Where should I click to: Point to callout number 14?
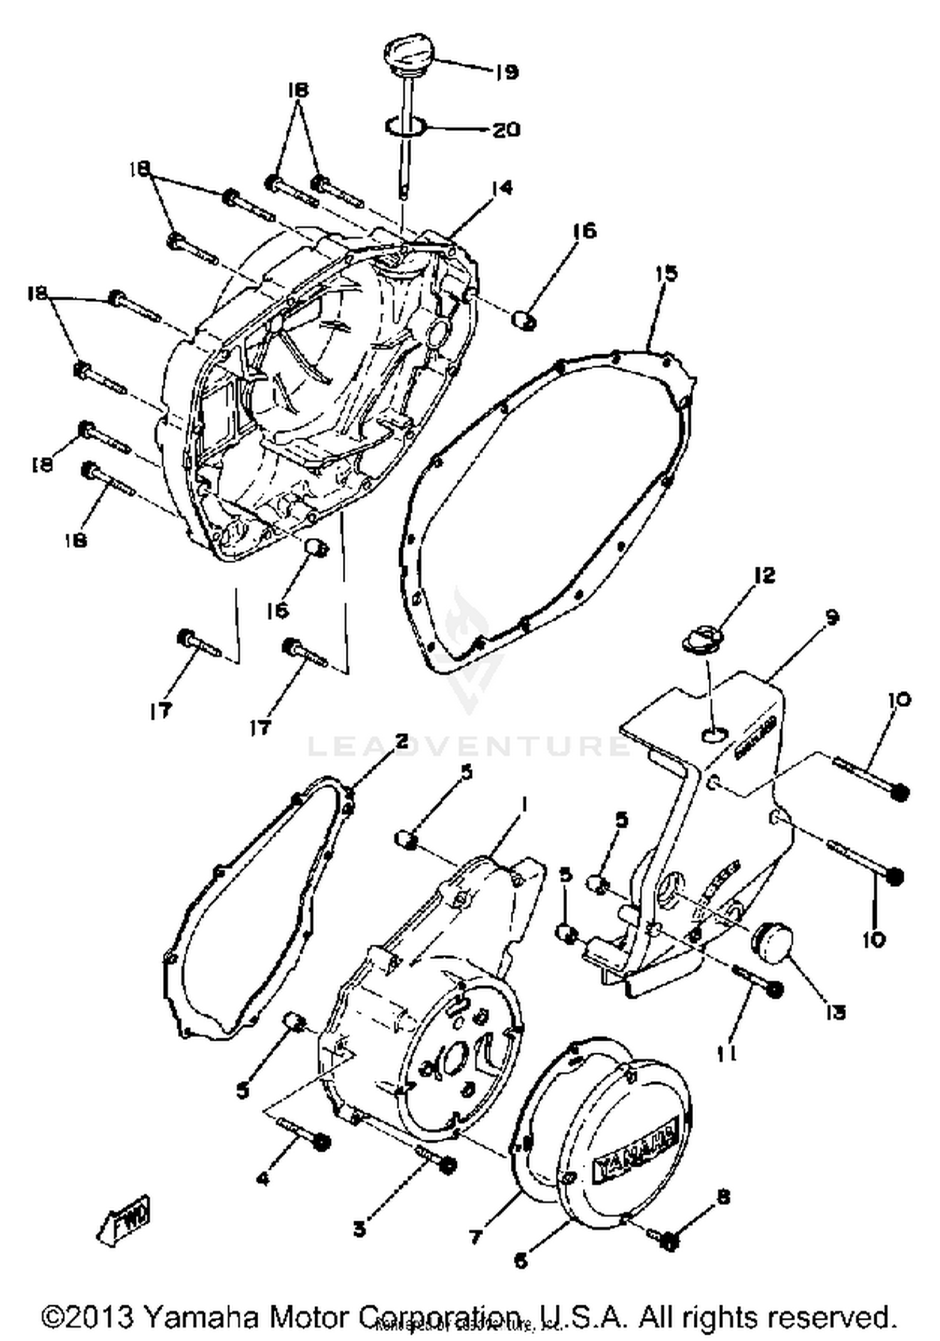(x=501, y=188)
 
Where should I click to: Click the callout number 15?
(x=667, y=274)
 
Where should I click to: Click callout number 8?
(x=723, y=1197)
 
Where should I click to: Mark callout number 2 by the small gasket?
(x=401, y=742)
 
